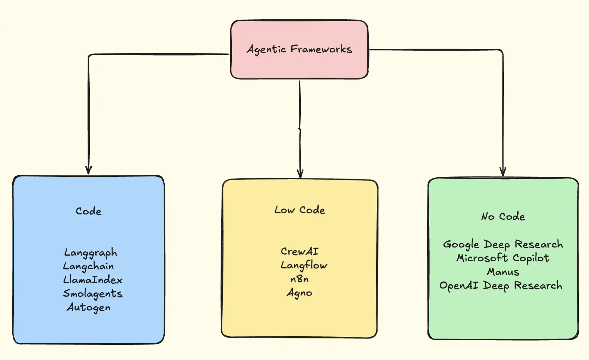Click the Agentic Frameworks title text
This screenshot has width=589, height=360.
(x=299, y=50)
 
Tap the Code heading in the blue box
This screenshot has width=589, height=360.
(x=89, y=211)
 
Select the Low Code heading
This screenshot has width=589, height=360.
(x=300, y=210)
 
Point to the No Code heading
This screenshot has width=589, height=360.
(x=503, y=216)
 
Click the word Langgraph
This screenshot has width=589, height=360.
(x=90, y=253)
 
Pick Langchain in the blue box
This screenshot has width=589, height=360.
(x=88, y=266)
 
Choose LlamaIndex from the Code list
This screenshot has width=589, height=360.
(x=93, y=280)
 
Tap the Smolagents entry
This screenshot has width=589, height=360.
(x=93, y=294)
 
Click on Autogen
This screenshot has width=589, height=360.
(x=89, y=308)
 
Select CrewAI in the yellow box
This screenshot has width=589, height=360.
(x=300, y=251)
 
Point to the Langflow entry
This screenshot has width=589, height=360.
(x=304, y=265)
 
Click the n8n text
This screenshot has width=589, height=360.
(x=299, y=279)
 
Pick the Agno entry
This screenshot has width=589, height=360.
(x=299, y=293)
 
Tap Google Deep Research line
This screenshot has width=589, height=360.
(x=503, y=244)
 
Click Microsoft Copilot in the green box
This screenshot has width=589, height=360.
(x=503, y=258)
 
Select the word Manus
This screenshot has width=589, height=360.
(x=503, y=272)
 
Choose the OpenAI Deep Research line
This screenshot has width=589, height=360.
(x=501, y=285)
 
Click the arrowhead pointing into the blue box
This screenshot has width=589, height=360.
(x=89, y=171)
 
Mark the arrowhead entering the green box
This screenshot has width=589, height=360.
(x=503, y=172)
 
